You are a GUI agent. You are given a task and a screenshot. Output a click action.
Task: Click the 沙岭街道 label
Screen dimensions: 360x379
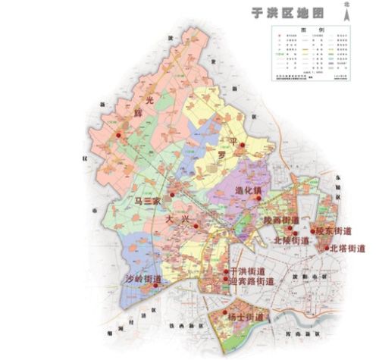pos(143,278)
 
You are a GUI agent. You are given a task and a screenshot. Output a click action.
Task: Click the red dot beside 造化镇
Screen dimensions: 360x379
pos(258,198)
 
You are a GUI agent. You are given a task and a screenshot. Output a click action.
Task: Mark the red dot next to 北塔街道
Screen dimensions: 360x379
pos(327,247)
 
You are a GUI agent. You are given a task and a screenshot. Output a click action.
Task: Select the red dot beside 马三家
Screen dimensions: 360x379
pos(173,196)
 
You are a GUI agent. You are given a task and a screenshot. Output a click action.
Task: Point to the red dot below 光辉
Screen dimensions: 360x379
pos(119,133)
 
